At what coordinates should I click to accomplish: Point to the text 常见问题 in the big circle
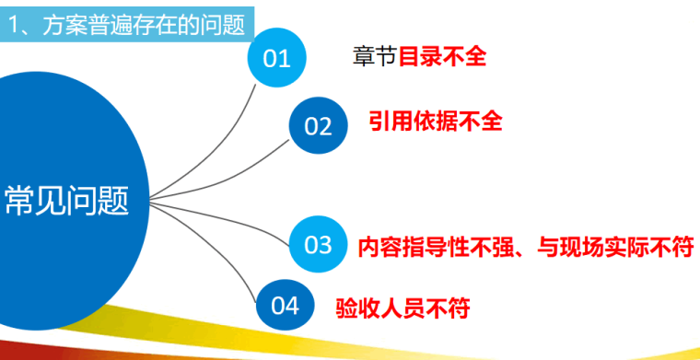click(x=66, y=201)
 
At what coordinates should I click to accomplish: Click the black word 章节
click(x=374, y=57)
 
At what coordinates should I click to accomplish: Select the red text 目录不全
click(x=442, y=57)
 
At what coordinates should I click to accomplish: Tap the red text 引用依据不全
click(x=436, y=122)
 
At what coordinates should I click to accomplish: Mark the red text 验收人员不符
click(x=403, y=306)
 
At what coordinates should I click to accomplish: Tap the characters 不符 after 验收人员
click(x=449, y=306)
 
